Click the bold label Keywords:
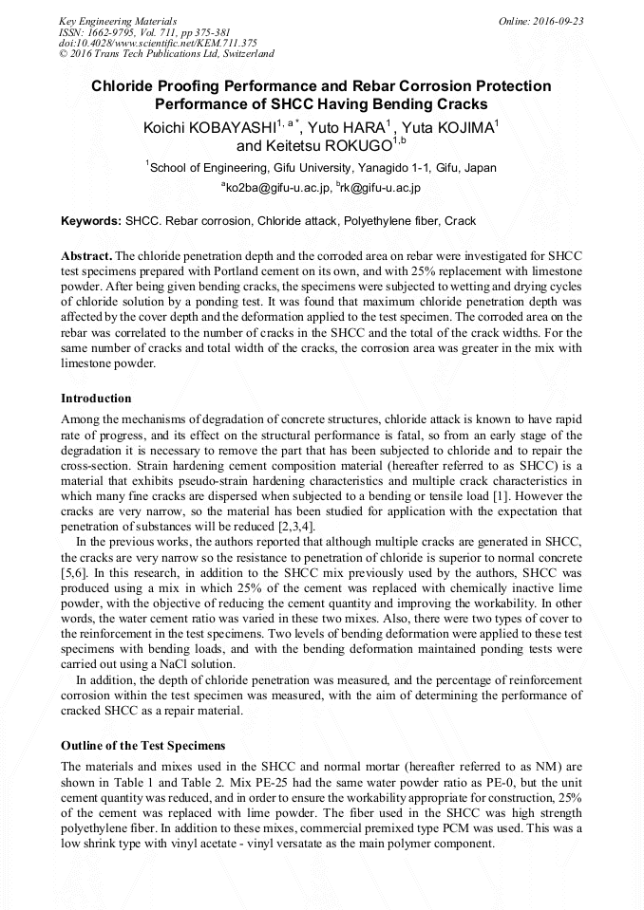pos(91,221)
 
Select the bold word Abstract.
pos(86,257)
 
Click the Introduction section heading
pos(96,398)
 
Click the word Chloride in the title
pos(126,86)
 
